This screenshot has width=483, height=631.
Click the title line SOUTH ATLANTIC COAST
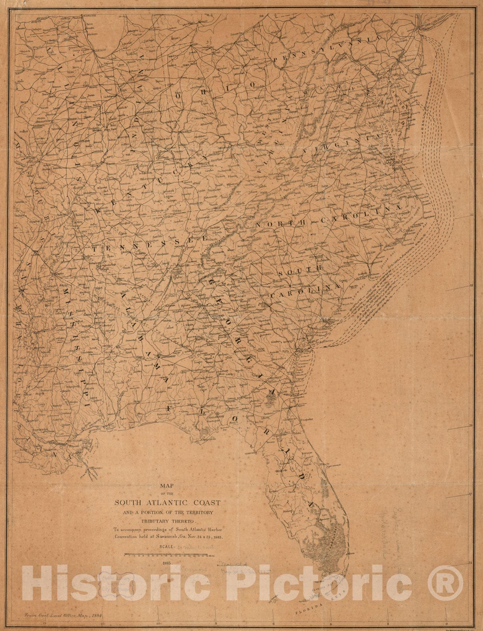point(167,502)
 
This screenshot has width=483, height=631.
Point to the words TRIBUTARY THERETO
point(168,520)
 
